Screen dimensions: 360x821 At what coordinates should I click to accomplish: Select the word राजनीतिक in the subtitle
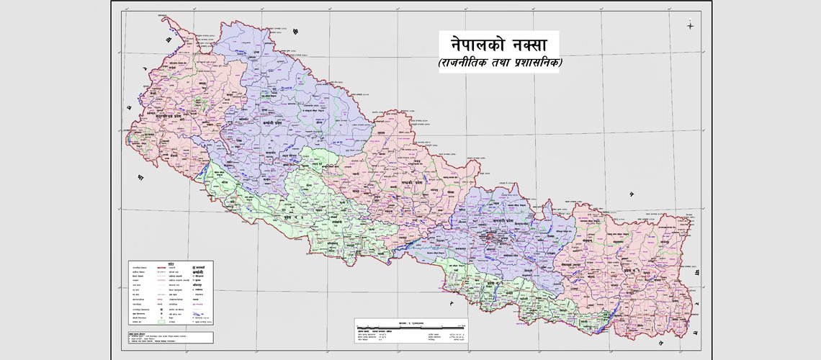click(467, 63)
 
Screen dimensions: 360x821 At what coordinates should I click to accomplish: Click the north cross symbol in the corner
click(690, 26)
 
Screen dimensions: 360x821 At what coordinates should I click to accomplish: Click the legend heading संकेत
click(171, 264)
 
